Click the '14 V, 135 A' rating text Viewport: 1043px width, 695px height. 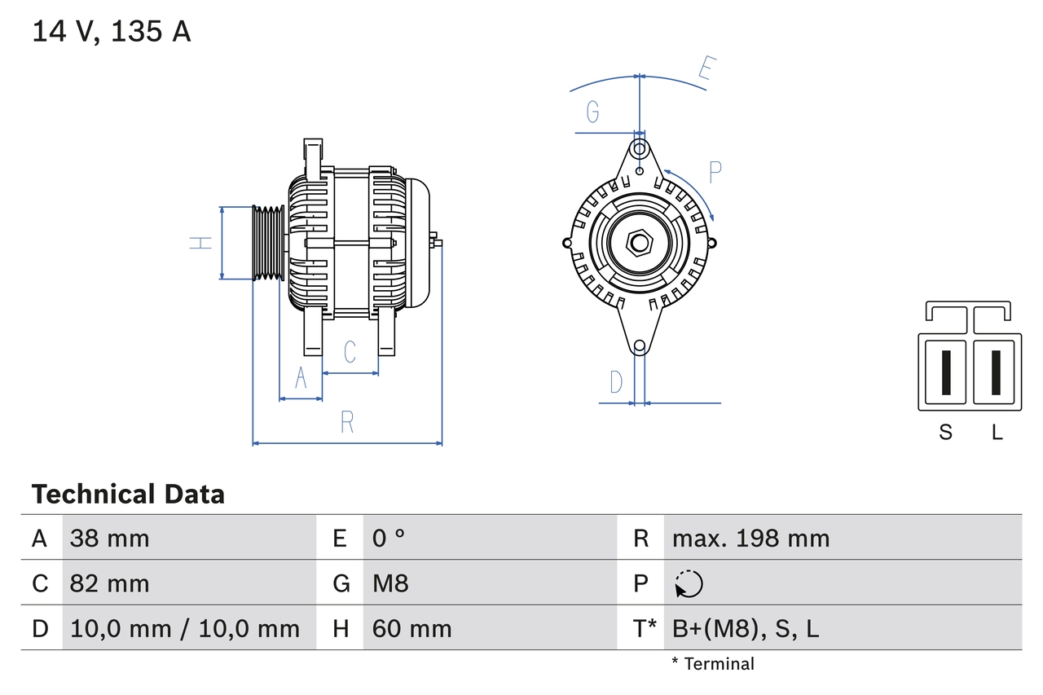(112, 32)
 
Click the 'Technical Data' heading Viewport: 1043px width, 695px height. (128, 495)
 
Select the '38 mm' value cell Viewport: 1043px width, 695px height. (110, 538)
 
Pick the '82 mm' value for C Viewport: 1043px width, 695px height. (110, 583)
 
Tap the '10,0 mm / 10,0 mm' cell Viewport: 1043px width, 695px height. (185, 628)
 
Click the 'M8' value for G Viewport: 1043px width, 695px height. (390, 583)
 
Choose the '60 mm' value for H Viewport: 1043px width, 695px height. (411, 628)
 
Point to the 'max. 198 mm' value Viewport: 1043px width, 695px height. (750, 538)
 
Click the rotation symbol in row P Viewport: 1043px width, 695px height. (689, 583)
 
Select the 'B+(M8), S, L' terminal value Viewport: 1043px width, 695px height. (745, 628)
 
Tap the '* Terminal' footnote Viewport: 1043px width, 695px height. (713, 664)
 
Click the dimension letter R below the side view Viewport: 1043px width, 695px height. (347, 422)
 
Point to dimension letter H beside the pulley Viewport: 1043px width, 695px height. (200, 243)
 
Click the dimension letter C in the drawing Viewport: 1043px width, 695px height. (350, 352)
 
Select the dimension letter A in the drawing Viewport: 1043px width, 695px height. (301, 379)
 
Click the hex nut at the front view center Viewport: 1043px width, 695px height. (640, 243)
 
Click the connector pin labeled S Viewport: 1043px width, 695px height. (945, 373)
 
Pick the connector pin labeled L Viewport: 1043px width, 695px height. (996, 373)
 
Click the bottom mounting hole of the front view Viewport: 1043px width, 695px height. (640, 346)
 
